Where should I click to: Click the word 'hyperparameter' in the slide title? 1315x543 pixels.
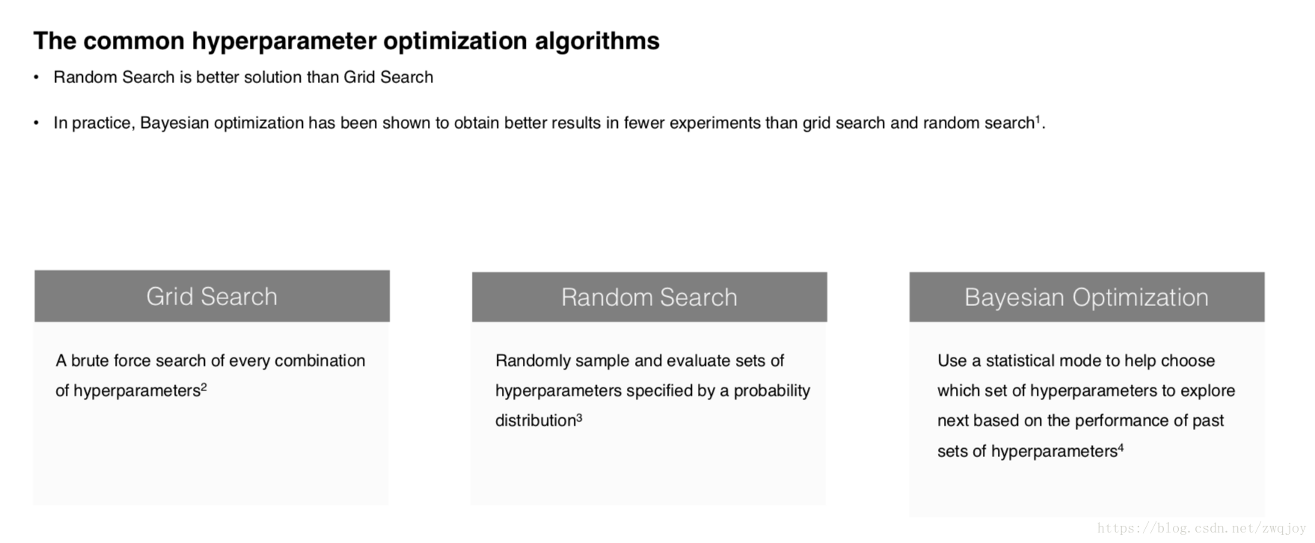tap(283, 42)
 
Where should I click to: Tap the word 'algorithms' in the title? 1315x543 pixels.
tap(597, 40)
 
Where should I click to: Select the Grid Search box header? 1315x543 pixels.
tap(212, 296)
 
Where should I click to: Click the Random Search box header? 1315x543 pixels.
tap(649, 297)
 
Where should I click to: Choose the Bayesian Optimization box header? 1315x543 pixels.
tap(1087, 297)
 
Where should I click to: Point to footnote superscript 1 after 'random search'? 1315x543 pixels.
tap(1037, 118)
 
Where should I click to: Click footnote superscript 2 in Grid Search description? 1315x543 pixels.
tap(203, 386)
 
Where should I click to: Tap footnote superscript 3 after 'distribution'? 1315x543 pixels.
tap(579, 416)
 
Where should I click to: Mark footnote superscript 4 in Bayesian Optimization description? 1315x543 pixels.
tap(1121, 447)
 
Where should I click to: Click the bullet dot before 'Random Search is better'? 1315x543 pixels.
tap(36, 77)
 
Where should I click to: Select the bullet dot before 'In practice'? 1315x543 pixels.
tap(36, 123)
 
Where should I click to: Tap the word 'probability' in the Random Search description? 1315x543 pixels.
tap(772, 390)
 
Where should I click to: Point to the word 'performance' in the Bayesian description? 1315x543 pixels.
tap(1132, 420)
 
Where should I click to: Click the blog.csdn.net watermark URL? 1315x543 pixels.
tap(1201, 528)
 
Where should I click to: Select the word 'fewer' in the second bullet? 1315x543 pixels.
tap(644, 123)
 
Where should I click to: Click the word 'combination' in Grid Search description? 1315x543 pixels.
tap(320, 361)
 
